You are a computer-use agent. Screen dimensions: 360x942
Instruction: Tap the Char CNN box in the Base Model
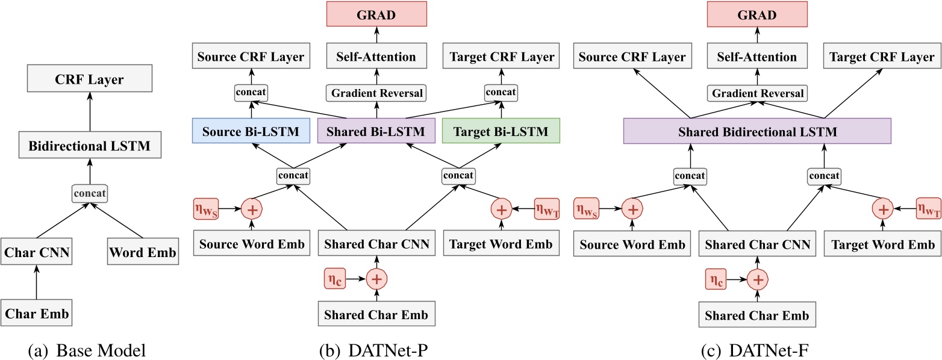coord(36,253)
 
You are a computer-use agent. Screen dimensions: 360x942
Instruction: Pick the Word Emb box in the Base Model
coord(143,253)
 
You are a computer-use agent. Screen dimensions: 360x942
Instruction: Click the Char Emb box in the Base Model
coord(36,312)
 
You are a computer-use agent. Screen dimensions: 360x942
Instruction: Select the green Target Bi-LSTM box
coord(501,131)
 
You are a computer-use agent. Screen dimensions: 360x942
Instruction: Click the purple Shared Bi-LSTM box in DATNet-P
coord(376,131)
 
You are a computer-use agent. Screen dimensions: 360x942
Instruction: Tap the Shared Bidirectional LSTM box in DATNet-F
coord(756,131)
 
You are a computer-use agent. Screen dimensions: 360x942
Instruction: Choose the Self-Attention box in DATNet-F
coord(756,57)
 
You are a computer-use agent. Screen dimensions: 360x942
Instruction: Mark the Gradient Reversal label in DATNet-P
coord(376,93)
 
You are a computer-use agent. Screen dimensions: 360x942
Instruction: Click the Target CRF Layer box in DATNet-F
coord(882,57)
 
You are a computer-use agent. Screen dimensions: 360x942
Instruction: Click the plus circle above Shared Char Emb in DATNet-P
coord(376,279)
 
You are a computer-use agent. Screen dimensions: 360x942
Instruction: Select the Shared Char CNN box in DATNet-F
coord(756,244)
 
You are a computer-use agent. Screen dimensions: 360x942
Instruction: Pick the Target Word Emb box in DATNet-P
coord(501,244)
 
